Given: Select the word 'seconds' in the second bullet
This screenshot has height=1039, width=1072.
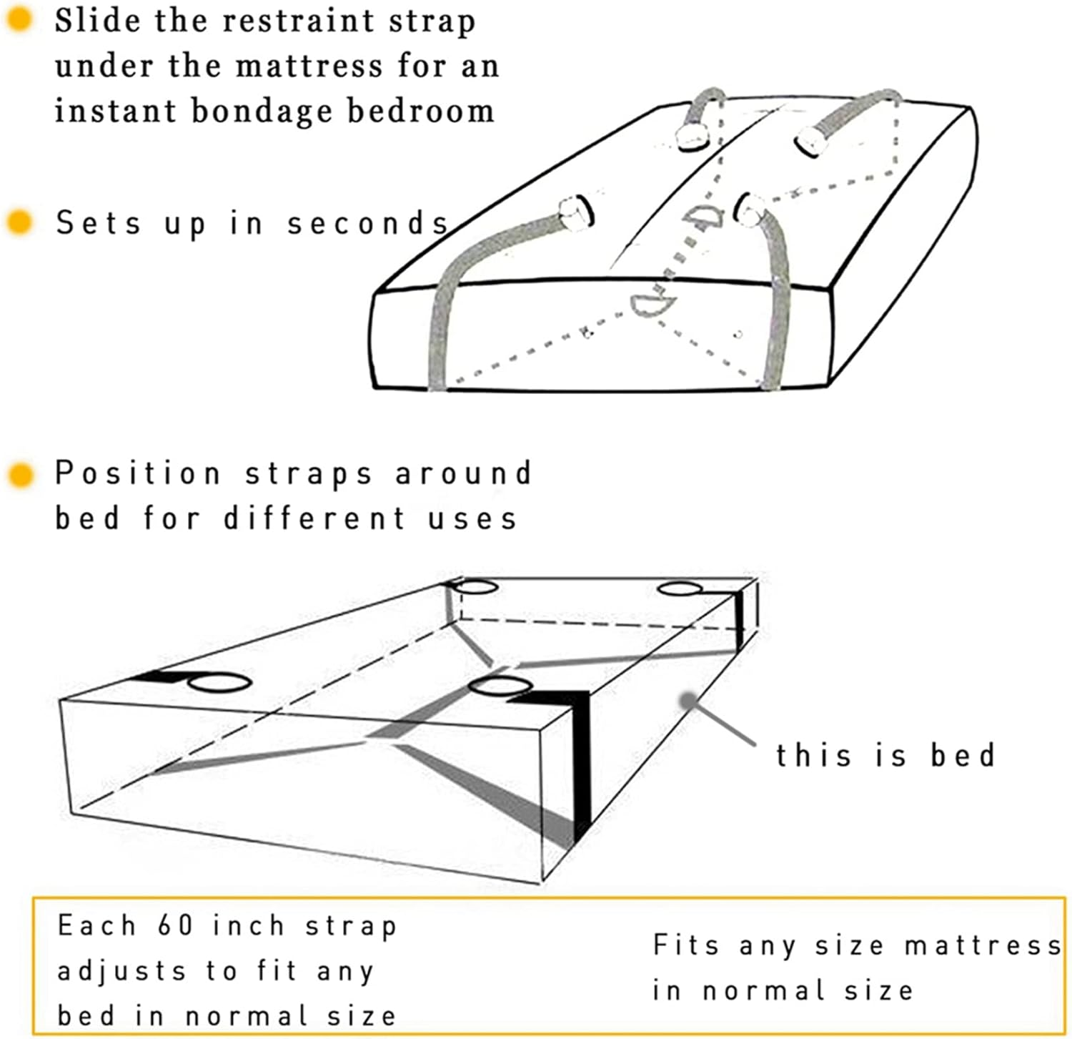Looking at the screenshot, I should (367, 223).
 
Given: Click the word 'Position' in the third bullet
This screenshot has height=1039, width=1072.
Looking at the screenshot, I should (138, 474).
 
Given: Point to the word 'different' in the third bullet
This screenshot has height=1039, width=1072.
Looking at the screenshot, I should (315, 518).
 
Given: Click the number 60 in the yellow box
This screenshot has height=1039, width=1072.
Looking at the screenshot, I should (175, 925).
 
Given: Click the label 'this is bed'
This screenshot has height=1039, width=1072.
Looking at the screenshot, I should (885, 755).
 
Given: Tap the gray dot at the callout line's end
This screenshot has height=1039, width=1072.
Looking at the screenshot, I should (688, 701).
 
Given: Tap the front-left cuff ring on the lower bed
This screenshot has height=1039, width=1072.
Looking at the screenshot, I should (219, 682).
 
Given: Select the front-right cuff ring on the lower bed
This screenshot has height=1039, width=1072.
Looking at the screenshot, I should (500, 686).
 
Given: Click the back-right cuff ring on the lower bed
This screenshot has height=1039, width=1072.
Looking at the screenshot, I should (680, 589).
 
